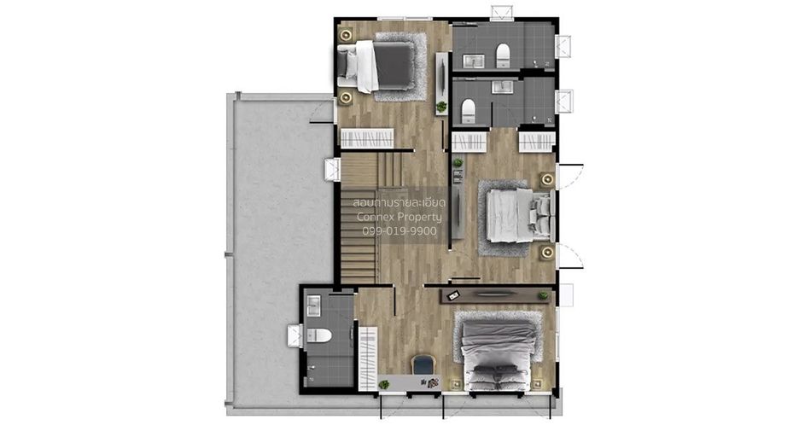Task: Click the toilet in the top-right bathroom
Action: (x=503, y=55)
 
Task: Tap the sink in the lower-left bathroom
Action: (x=313, y=306)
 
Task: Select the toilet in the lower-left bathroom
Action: (x=319, y=335)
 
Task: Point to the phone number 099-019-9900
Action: (x=399, y=230)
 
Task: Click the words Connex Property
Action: (x=399, y=217)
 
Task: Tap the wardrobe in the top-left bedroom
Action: (x=367, y=137)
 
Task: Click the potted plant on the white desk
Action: (x=384, y=385)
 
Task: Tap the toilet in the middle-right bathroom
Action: (x=468, y=111)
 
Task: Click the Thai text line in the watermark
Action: (x=399, y=202)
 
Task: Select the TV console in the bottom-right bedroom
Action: (x=495, y=296)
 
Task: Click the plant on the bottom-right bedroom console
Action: (x=543, y=295)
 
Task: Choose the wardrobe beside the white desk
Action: (x=368, y=358)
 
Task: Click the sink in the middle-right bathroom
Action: (x=504, y=86)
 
